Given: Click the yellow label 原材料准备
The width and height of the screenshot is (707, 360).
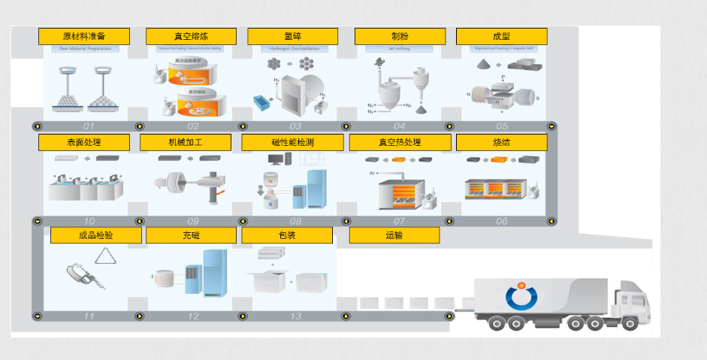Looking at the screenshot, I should pyautogui.click(x=83, y=37).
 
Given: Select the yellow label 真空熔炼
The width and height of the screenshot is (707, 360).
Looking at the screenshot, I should pyautogui.click(x=191, y=37).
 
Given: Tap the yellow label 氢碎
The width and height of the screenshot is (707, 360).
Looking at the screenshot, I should pyautogui.click(x=292, y=37).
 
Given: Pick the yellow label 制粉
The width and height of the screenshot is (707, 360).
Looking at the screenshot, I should pyautogui.click(x=400, y=37).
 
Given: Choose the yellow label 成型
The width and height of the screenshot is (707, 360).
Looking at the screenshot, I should pyautogui.click(x=501, y=37).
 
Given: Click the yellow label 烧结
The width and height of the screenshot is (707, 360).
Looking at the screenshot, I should pyautogui.click(x=501, y=143).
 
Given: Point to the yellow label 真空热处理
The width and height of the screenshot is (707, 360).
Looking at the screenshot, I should pyautogui.click(x=400, y=143).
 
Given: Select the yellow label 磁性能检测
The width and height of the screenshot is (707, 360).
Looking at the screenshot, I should pyautogui.click(x=292, y=143).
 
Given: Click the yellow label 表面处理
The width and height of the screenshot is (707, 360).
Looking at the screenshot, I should pyautogui.click(x=83, y=143).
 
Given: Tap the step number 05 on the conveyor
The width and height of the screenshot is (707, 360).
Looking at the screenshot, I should pyautogui.click(x=502, y=126).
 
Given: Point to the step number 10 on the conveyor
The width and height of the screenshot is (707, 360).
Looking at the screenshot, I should pyautogui.click(x=89, y=221).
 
